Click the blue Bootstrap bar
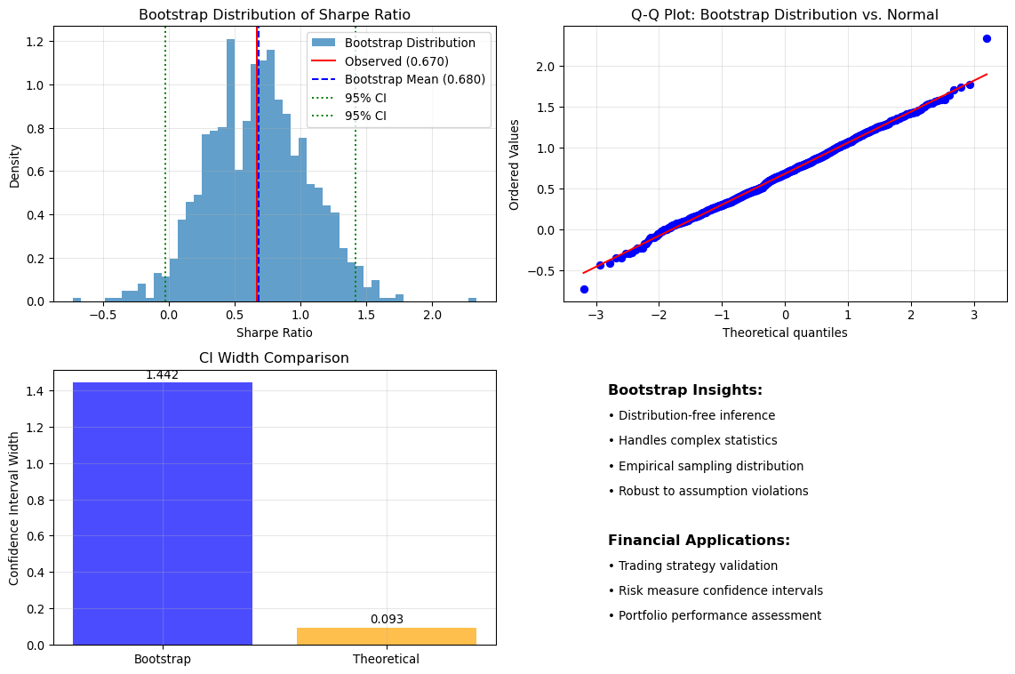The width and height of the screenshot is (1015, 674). click(x=163, y=513)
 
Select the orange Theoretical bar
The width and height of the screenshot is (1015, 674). click(x=387, y=637)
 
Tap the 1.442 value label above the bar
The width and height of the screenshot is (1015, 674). click(x=163, y=375)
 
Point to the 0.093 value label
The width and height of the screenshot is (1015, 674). click(x=388, y=620)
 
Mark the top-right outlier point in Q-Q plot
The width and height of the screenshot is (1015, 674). click(x=987, y=39)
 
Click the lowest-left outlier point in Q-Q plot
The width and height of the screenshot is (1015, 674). click(x=585, y=289)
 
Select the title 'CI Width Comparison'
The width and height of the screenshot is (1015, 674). click(x=274, y=358)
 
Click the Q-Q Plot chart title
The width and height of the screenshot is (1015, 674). click(x=785, y=15)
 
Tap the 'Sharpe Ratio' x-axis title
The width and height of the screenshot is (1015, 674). click(x=275, y=333)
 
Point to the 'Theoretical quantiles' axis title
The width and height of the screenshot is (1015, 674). click(x=785, y=333)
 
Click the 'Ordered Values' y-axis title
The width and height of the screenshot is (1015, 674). click(x=515, y=164)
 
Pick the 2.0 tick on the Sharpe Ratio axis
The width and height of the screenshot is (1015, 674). click(x=433, y=316)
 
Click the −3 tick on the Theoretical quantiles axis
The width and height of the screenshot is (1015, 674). click(x=596, y=316)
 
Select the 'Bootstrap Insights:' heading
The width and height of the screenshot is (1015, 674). click(x=685, y=390)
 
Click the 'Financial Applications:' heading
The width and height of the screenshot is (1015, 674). click(x=699, y=541)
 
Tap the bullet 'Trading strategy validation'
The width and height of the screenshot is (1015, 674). click(x=692, y=566)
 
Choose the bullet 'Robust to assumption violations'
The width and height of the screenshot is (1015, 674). click(x=708, y=492)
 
